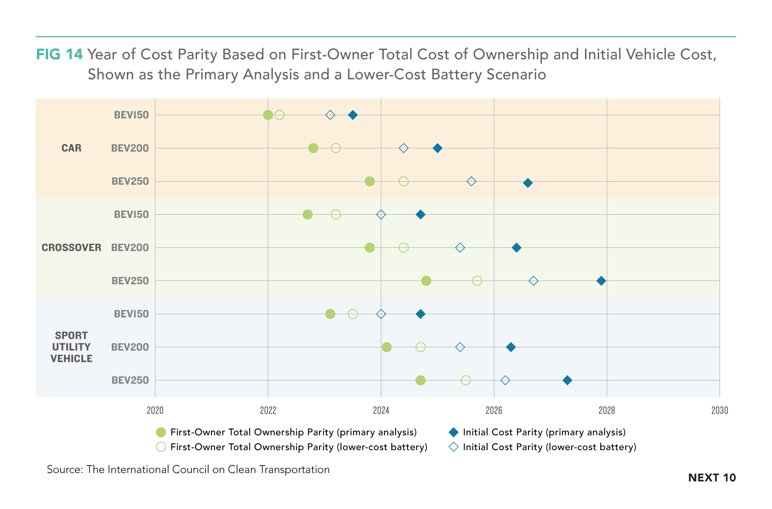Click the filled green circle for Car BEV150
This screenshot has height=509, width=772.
coord(268,115)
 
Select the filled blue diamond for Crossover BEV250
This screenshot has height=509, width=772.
coord(601,280)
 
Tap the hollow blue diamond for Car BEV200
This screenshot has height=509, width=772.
coord(403,148)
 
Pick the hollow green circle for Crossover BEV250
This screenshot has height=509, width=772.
coord(477,280)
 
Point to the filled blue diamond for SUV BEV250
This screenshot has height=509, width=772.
coord(567,380)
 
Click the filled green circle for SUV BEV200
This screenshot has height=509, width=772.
coord(387,347)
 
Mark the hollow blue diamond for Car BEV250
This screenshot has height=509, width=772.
coord(471,181)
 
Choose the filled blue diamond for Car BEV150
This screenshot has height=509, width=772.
coord(352,115)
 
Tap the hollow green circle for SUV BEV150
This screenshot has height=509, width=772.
coord(352,314)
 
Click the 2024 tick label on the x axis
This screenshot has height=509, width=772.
coord(381,410)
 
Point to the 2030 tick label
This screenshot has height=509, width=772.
coord(720,410)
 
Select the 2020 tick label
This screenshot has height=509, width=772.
coord(155,410)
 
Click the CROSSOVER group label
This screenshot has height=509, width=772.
coord(71,247)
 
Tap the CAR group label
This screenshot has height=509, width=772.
coord(71,148)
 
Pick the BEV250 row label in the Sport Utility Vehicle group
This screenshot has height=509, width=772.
coord(130,380)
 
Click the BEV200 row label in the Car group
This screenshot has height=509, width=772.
coord(130,148)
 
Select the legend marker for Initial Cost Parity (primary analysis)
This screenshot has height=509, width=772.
coord(454,432)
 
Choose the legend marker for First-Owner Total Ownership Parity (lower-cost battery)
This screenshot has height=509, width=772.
coord(161,447)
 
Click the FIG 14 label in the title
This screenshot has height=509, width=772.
coord(59,54)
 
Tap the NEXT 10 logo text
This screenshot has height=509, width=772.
coord(712,478)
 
